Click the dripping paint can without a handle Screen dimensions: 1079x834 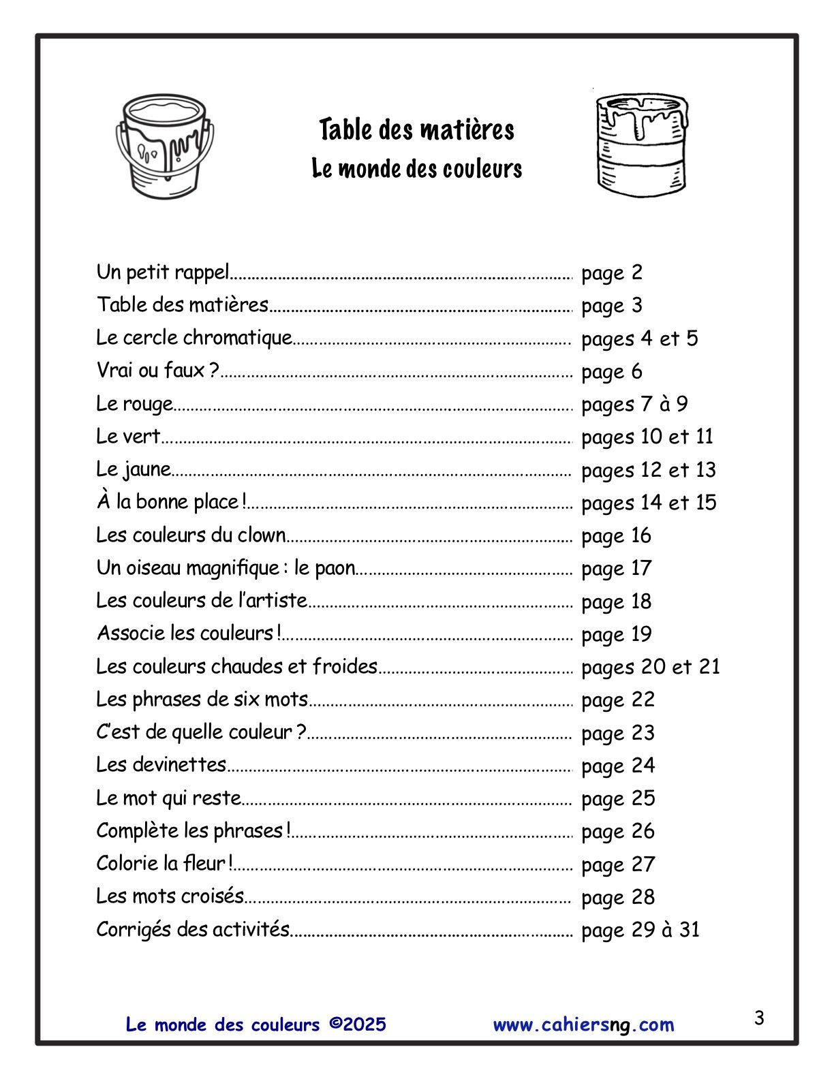click(x=641, y=145)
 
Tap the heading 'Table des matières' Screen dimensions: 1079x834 click(x=416, y=129)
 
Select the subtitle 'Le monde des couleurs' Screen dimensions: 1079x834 click(x=416, y=168)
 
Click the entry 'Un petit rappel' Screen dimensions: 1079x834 click(x=163, y=272)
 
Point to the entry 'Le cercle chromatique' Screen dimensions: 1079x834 click(x=194, y=338)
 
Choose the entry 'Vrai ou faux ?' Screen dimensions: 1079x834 click(x=157, y=371)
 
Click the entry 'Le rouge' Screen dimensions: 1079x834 click(x=134, y=404)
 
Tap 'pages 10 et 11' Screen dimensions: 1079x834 click(x=647, y=437)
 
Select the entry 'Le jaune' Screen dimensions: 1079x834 click(x=134, y=469)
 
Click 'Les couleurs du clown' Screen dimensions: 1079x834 click(x=191, y=535)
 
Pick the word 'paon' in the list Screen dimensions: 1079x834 click(x=335, y=568)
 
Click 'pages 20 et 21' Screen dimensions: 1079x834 click(x=650, y=667)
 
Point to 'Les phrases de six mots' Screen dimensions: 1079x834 click(x=202, y=700)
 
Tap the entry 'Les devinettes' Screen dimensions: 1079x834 click(x=161, y=765)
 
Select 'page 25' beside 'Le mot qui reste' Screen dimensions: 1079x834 click(x=617, y=798)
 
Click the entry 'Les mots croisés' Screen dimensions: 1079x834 click(x=170, y=896)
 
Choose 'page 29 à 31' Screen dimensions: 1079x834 click(x=640, y=930)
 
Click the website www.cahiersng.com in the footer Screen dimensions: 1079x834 click(x=583, y=1025)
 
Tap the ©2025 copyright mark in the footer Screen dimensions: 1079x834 click(x=357, y=1025)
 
